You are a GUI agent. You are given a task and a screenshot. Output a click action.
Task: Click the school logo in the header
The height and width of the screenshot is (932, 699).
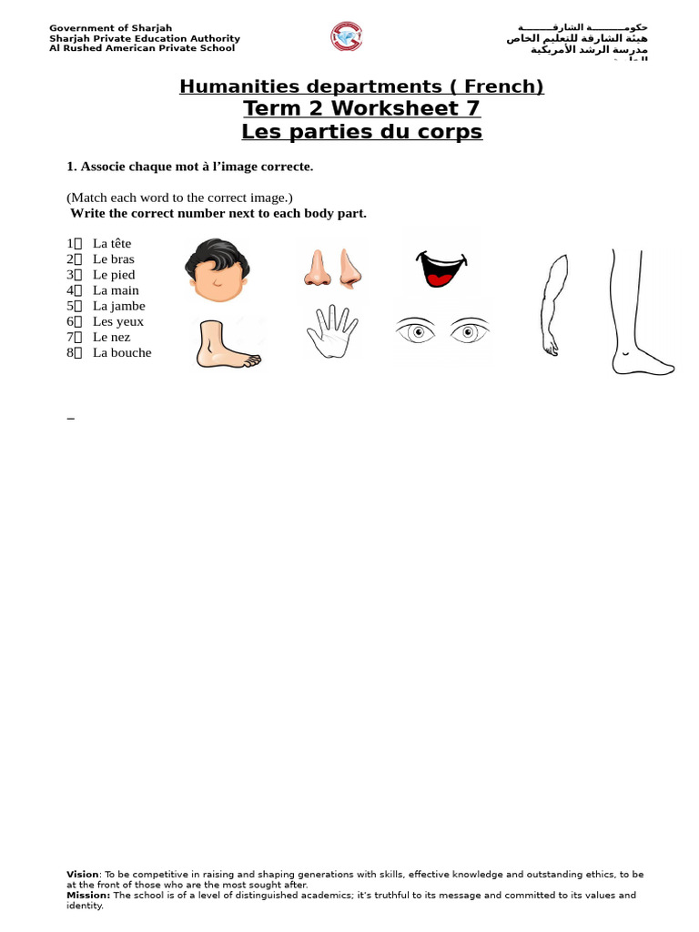(x=346, y=37)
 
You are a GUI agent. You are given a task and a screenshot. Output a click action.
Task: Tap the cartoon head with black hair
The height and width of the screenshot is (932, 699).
(x=217, y=270)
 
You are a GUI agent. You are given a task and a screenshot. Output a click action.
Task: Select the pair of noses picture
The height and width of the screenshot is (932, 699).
(x=331, y=268)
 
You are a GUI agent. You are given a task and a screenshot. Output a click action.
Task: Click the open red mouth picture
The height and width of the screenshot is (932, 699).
(x=441, y=267)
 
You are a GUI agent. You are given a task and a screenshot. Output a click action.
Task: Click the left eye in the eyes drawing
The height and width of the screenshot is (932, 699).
(x=418, y=331)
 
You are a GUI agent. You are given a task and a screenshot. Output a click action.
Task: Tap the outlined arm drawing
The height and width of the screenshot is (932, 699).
(x=553, y=304)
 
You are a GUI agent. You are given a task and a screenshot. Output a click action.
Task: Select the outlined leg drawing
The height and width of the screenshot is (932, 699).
(x=637, y=312)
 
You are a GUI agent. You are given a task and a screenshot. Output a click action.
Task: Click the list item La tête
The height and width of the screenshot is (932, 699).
(x=112, y=243)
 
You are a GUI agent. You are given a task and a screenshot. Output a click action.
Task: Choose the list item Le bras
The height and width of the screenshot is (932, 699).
(x=113, y=258)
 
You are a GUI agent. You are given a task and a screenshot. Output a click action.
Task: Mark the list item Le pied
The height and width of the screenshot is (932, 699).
(x=114, y=274)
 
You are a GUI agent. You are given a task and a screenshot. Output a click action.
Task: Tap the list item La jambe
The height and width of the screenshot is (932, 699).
(x=118, y=306)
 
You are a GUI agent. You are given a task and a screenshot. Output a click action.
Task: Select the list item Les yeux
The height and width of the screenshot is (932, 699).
(x=118, y=321)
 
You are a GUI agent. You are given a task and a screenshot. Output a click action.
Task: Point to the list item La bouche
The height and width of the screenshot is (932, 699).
(x=122, y=352)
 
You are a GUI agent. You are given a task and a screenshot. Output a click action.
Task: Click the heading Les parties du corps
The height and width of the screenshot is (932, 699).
(x=361, y=132)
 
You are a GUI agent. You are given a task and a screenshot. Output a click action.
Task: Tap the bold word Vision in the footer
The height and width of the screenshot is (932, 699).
(x=82, y=874)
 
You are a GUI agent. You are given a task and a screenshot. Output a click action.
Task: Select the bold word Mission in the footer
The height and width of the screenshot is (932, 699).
(x=87, y=895)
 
